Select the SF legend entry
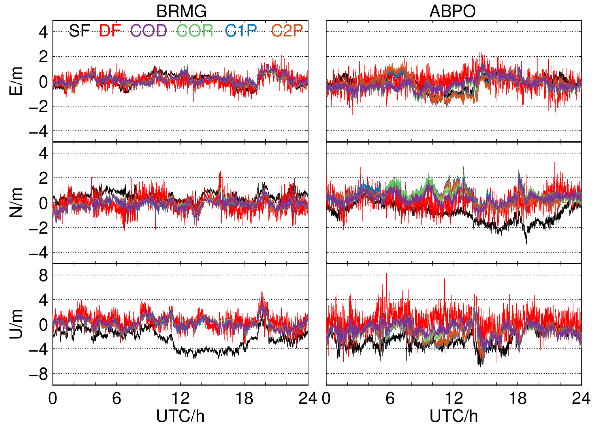pos(79,31)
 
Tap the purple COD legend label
pos(148,31)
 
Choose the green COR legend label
pos(195,31)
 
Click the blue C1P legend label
pos(241,31)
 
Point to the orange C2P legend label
pos(287,31)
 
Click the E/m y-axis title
pos(16,81)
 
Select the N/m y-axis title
pos(16,203)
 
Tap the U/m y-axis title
pos(16,324)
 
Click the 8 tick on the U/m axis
pos(43,276)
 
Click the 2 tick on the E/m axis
pos(43,57)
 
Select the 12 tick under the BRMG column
pos(180,398)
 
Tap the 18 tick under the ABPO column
pos(518,398)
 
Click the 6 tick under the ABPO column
pos(390,398)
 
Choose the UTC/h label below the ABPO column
pos(454,416)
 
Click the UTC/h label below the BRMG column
pos(180,416)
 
